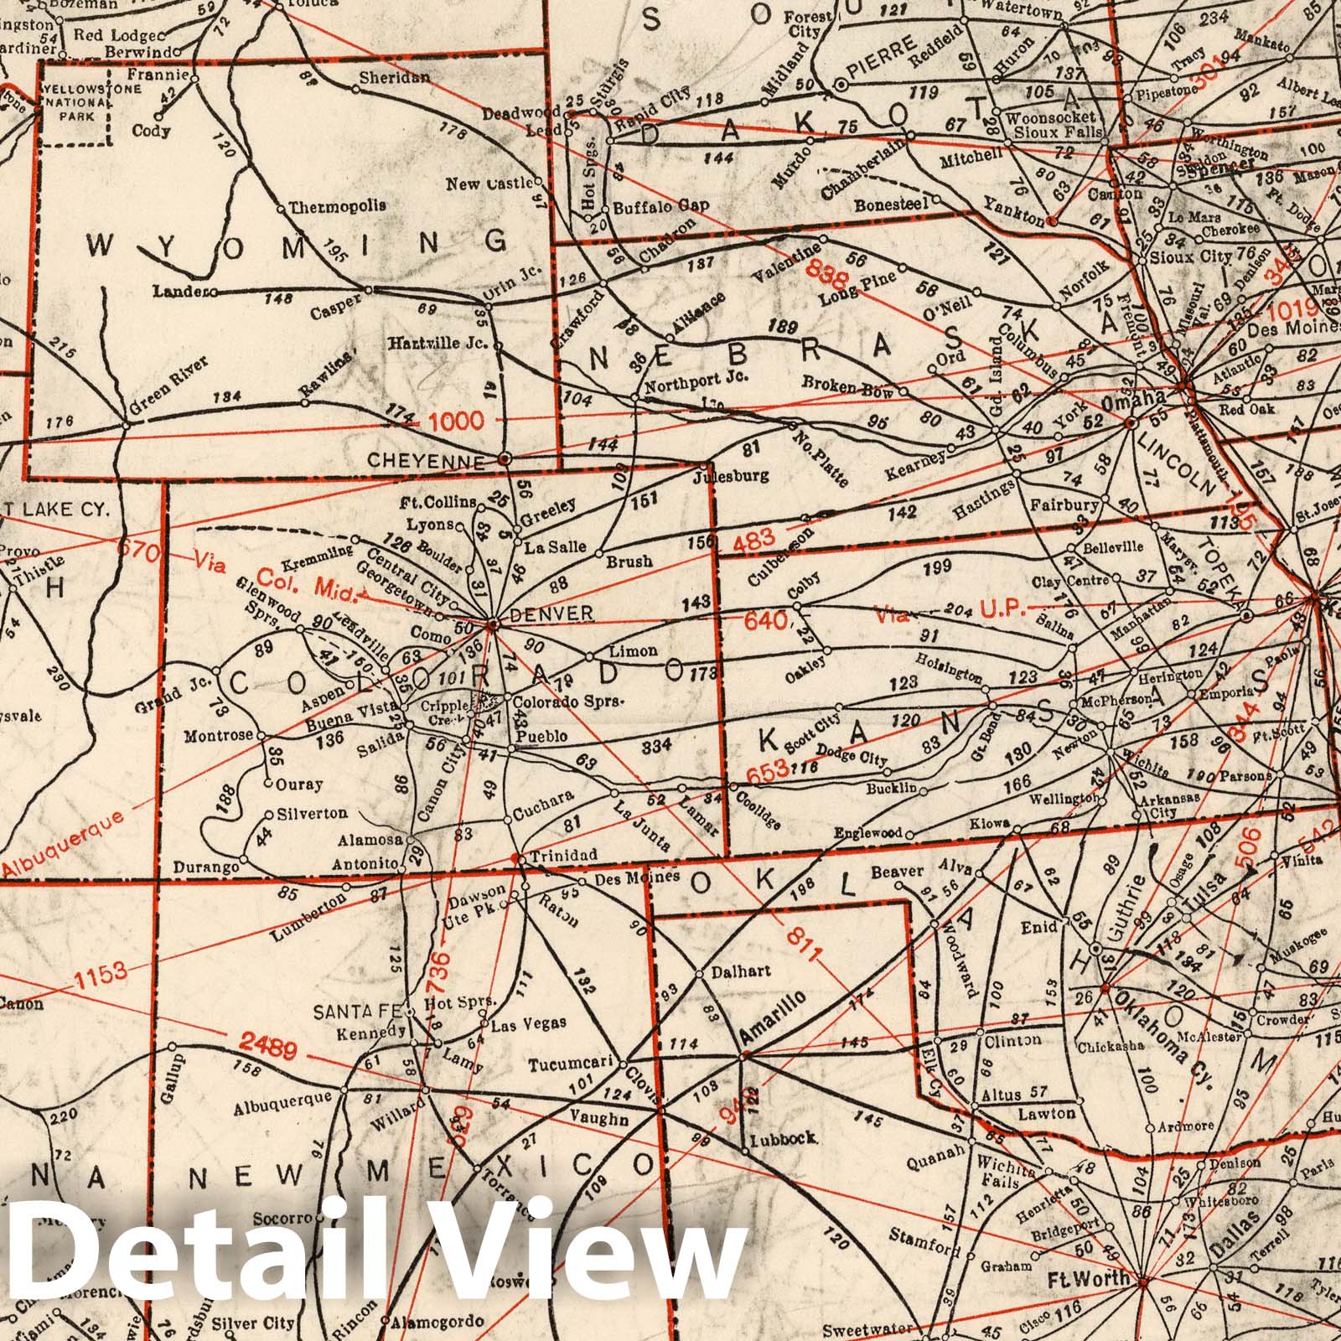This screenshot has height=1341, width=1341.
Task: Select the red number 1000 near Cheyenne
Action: point(456,420)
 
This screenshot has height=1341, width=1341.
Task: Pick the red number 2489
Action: point(261,1044)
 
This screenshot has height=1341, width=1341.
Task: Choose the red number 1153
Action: point(100,974)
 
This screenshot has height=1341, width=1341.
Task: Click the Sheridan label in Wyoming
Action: point(395,77)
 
